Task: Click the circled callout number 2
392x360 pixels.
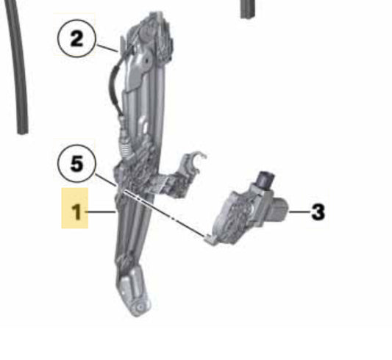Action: click(x=76, y=39)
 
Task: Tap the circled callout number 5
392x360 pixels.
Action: click(x=76, y=164)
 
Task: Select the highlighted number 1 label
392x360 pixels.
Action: click(x=75, y=208)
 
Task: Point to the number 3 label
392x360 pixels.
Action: click(x=318, y=212)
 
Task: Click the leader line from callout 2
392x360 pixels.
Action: click(x=107, y=48)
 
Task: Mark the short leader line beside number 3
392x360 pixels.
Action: click(x=300, y=212)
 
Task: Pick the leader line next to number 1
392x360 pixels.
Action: click(x=101, y=212)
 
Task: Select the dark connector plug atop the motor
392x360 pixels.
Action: click(x=265, y=179)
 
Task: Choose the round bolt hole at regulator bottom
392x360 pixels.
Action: click(x=139, y=307)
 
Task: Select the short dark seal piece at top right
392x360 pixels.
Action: click(x=248, y=9)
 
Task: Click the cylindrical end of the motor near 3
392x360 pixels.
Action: click(x=280, y=209)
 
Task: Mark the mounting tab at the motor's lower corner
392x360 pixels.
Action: click(x=210, y=240)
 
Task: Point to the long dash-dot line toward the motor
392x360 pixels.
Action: click(x=164, y=214)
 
